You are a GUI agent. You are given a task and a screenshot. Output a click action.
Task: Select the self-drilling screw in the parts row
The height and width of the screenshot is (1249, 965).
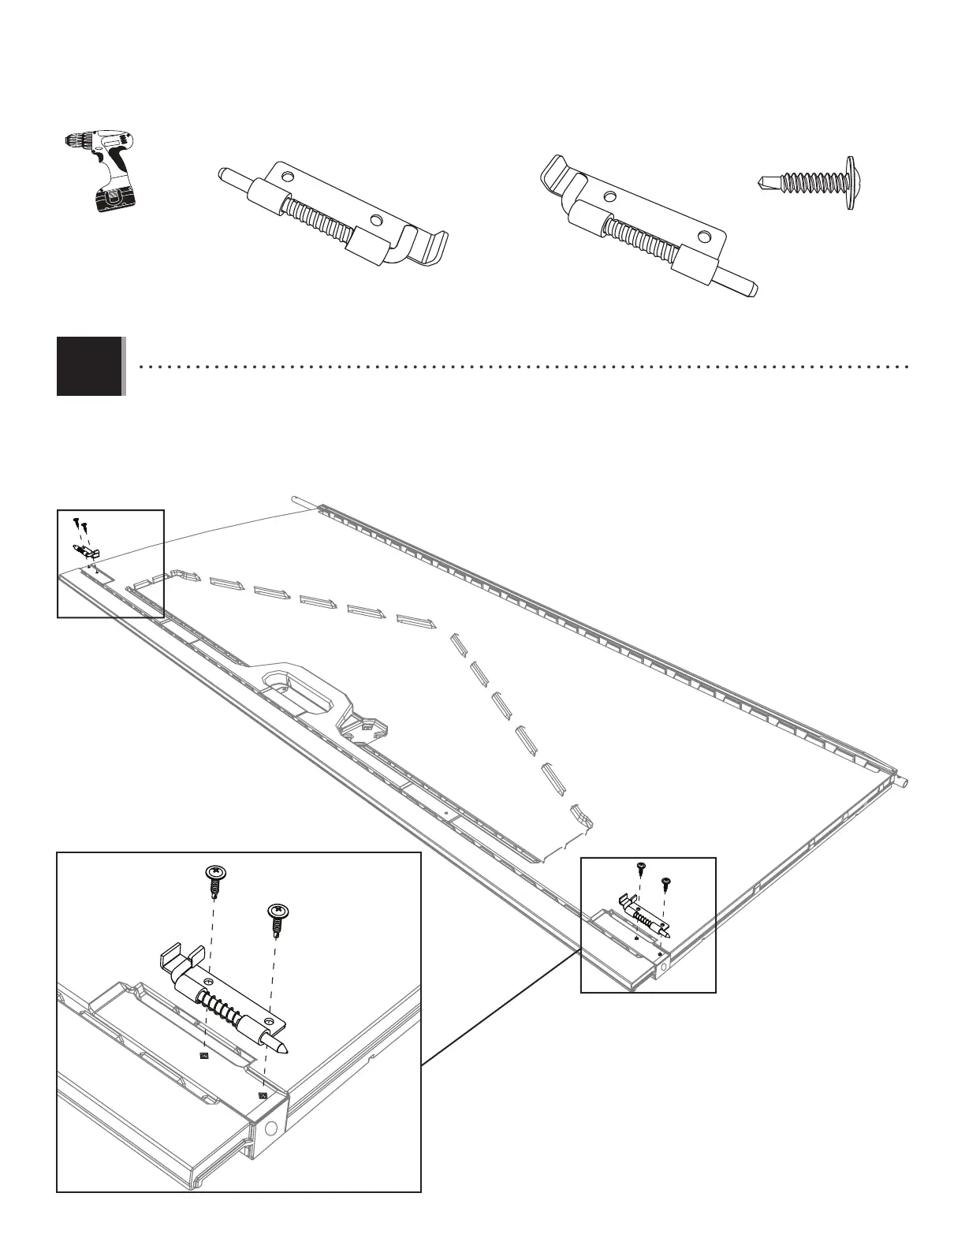[x=812, y=182]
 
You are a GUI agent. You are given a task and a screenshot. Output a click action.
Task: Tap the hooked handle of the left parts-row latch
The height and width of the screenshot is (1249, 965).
[x=418, y=245]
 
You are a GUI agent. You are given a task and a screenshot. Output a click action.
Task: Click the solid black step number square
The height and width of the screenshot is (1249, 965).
[x=90, y=366]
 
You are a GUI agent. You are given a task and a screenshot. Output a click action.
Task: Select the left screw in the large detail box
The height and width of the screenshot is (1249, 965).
[x=214, y=879]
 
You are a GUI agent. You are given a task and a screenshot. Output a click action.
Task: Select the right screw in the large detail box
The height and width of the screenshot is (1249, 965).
[x=277, y=919]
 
